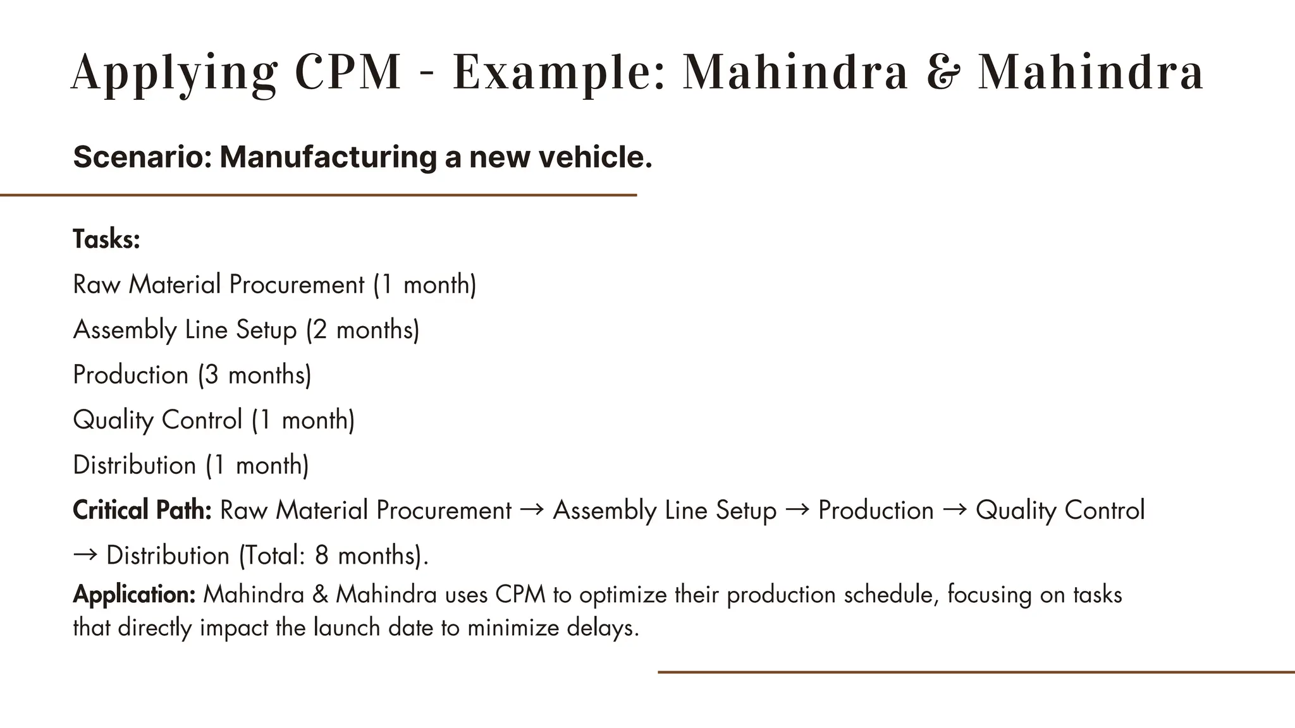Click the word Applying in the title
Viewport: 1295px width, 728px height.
174,73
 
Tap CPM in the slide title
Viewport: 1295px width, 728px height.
348,72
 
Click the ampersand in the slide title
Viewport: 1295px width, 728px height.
943,72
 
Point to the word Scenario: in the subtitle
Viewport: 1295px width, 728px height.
142,157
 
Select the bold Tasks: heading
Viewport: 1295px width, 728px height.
106,240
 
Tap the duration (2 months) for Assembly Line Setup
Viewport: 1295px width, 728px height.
363,330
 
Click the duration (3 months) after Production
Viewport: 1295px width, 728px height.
255,375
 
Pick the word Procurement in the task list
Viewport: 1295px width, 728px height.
297,284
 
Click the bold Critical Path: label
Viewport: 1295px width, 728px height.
142,510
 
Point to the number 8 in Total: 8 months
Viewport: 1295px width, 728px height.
321,555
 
